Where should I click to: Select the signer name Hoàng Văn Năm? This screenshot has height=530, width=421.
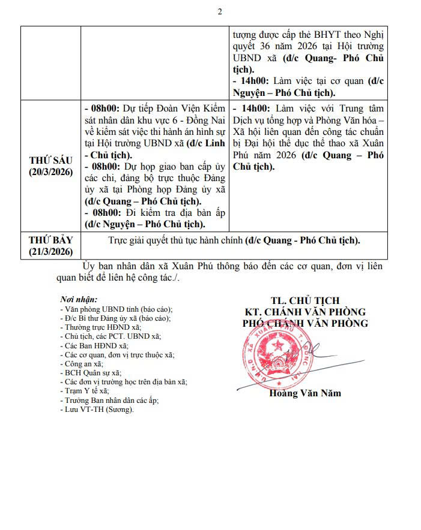pyautogui.click(x=304, y=393)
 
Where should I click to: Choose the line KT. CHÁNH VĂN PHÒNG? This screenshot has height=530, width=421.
pyautogui.click(x=304, y=312)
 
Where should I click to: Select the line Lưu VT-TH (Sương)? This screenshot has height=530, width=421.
pyautogui.click(x=100, y=409)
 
